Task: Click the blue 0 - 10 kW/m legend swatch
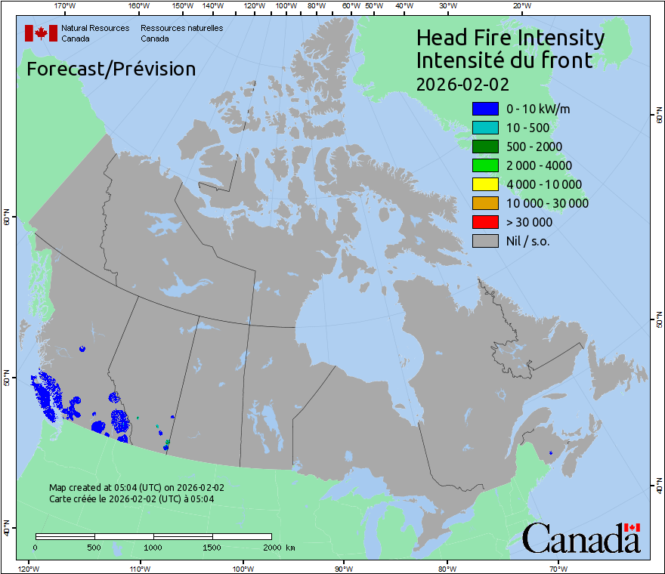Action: pyautogui.click(x=485, y=109)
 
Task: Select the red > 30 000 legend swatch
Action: pyautogui.click(x=485, y=222)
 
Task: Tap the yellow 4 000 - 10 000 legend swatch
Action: pyautogui.click(x=485, y=184)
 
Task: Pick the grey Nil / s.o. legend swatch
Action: pyautogui.click(x=485, y=241)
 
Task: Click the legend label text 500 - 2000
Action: pyautogui.click(x=534, y=147)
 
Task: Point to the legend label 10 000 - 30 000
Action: pyautogui.click(x=547, y=203)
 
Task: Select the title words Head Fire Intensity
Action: pyautogui.click(x=510, y=38)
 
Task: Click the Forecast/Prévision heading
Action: pyautogui.click(x=111, y=69)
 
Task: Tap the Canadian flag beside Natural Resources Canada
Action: pyautogui.click(x=41, y=33)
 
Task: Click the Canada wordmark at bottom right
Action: pyautogui.click(x=581, y=539)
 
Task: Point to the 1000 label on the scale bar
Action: pyautogui.click(x=153, y=547)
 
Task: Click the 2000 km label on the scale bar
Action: pyautogui.click(x=279, y=547)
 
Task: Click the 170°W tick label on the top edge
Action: pyautogui.click(x=66, y=6)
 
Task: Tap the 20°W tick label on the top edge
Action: pyautogui.click(x=521, y=6)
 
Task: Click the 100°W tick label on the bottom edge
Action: pyautogui.click(x=243, y=568)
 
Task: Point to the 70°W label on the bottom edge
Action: pyautogui.click(x=558, y=568)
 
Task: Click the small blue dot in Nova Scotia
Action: pyautogui.click(x=551, y=453)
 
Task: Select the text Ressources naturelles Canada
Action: pyautogui.click(x=181, y=33)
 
